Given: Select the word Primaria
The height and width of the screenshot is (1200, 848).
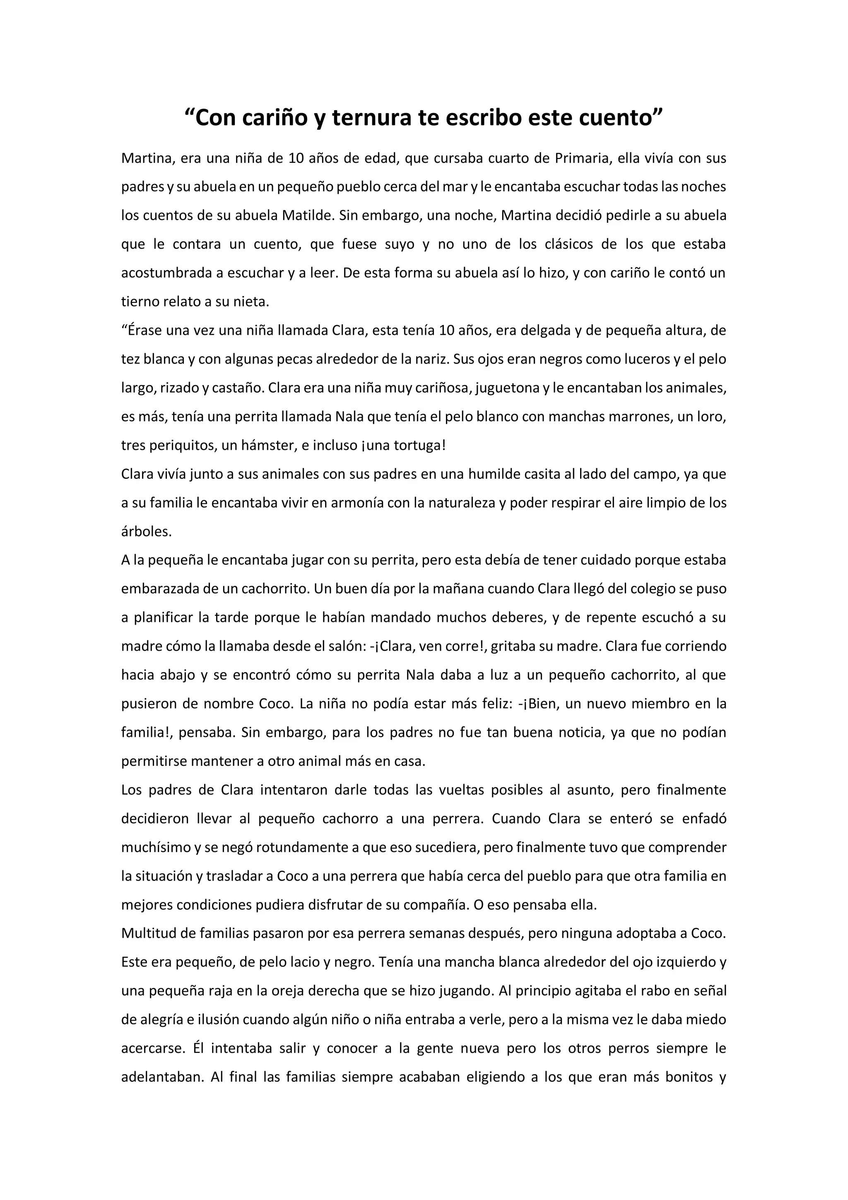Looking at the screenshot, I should (582, 158).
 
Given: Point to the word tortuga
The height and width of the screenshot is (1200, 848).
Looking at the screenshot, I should (417, 446).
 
